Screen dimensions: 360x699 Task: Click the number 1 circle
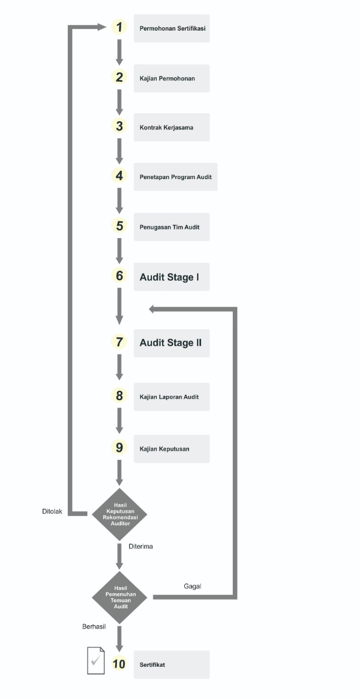coord(119,27)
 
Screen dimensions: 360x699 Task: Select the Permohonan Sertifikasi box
coord(172,28)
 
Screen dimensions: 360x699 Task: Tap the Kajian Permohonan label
coord(167,79)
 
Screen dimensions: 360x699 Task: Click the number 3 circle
coord(119,126)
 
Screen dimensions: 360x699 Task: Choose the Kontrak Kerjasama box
coord(172,127)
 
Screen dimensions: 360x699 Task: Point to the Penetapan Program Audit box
coord(175,177)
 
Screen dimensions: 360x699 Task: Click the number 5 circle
coord(119,226)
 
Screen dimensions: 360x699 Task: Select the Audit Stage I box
coord(172,277)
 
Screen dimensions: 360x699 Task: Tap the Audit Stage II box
coord(172,343)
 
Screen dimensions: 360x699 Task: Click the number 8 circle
coord(119,395)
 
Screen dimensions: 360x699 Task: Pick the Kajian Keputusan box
coord(172,449)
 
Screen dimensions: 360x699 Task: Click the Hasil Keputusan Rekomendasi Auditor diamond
coord(120,514)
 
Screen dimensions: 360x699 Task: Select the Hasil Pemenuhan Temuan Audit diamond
coord(120,597)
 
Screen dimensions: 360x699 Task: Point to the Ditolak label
coord(52,512)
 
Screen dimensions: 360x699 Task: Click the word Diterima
coord(141,547)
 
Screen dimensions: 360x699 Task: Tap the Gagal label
coord(192,587)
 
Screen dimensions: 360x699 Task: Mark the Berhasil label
coord(94,626)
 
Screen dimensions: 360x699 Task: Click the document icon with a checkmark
coord(96,661)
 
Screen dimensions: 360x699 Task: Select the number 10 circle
coord(119,664)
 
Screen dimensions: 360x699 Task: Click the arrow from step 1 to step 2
coord(119,52)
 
